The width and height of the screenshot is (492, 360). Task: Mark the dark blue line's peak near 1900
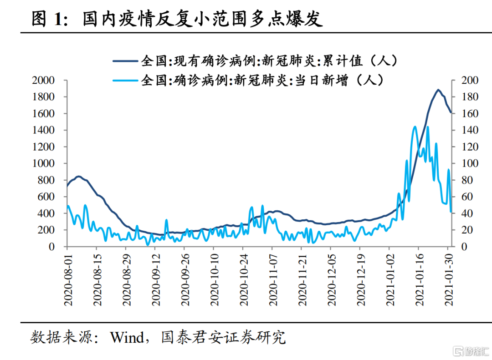438,90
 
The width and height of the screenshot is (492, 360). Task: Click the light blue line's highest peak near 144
415,127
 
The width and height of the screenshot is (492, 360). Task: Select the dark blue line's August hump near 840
78,177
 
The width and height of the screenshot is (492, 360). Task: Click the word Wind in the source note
127,337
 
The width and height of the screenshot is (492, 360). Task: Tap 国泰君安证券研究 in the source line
223,337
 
